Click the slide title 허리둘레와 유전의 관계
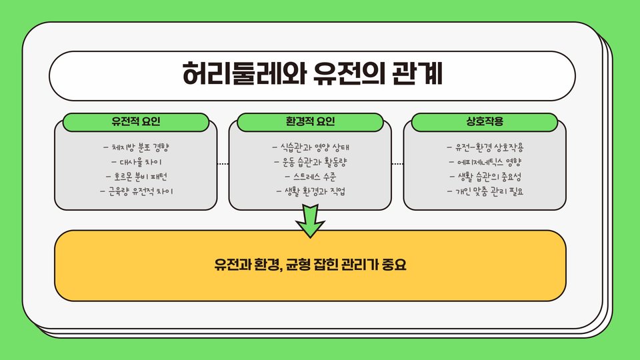(x=312, y=74)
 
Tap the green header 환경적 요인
(x=310, y=123)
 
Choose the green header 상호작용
(x=485, y=123)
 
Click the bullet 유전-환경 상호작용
(x=485, y=147)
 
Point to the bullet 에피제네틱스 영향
(x=485, y=162)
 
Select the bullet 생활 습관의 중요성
(x=485, y=177)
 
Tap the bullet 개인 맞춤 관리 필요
(x=485, y=191)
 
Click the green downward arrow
(x=310, y=221)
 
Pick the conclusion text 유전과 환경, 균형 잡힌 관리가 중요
(x=310, y=265)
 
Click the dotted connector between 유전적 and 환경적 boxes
(x=223, y=163)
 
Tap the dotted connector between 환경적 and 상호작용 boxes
(x=397, y=163)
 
